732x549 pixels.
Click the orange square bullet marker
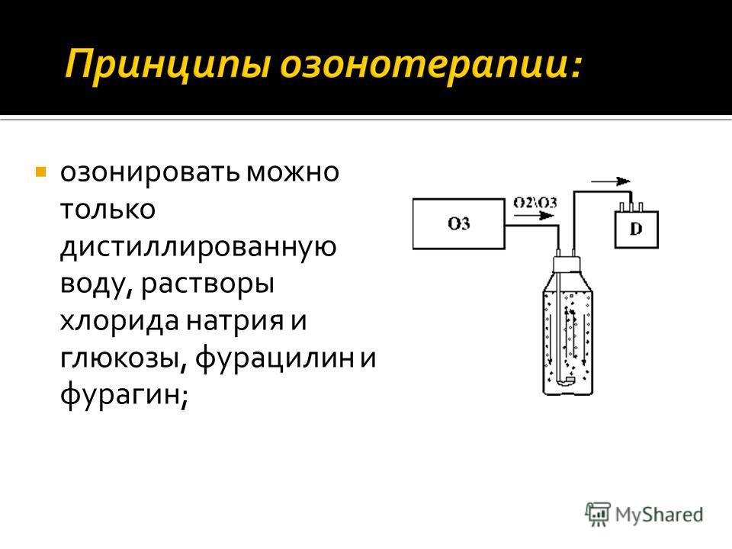[x=41, y=172]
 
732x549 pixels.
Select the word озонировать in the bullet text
[x=150, y=173]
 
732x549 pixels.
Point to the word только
[x=108, y=209]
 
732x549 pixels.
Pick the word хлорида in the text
[x=120, y=321]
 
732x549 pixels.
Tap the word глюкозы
[x=124, y=359]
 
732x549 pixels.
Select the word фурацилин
[x=274, y=359]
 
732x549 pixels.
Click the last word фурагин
[x=124, y=396]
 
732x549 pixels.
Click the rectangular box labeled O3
[x=459, y=223]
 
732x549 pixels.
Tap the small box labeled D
[x=636, y=230]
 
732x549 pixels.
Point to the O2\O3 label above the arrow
[x=535, y=203]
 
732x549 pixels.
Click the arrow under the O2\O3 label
[x=534, y=216]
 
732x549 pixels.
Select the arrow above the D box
[x=611, y=181]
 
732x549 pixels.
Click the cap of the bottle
[x=567, y=265]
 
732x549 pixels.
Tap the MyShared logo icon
[x=598, y=515]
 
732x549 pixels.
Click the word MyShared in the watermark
[x=659, y=515]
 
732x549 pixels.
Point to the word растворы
[x=207, y=284]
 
